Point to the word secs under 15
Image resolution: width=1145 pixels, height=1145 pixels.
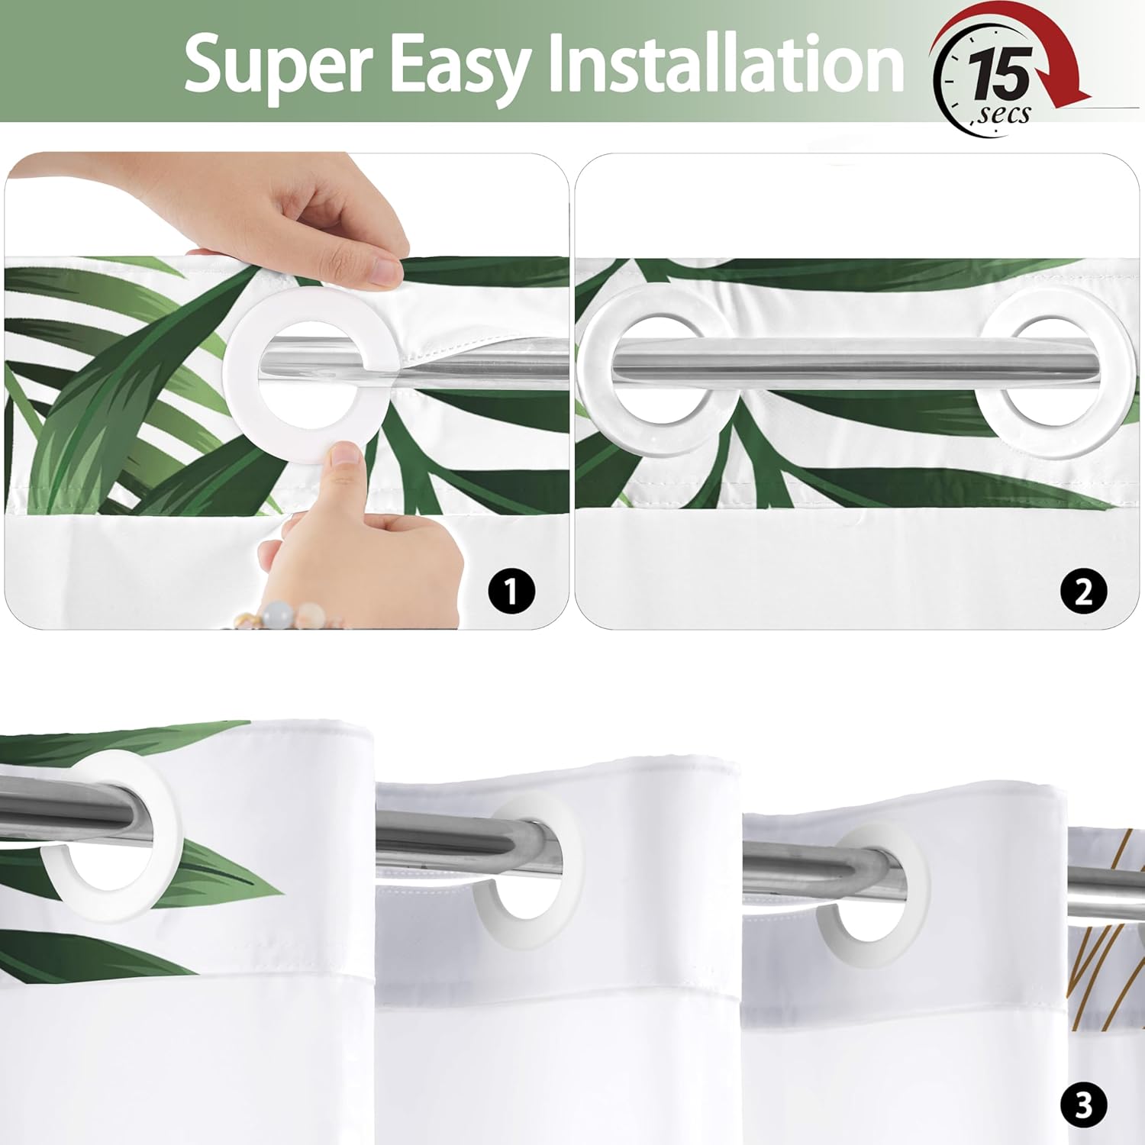[1002, 114]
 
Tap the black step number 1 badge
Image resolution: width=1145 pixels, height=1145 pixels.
[511, 591]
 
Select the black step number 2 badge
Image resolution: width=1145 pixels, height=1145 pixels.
[1084, 591]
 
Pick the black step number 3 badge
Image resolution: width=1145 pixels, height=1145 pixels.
[1084, 1106]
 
